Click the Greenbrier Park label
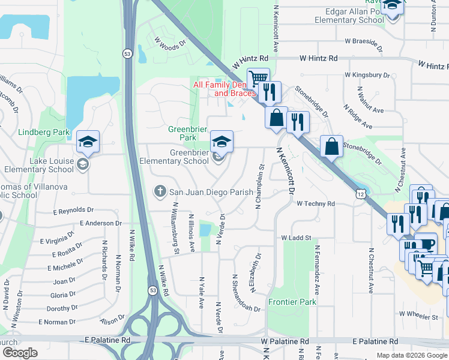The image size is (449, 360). (182, 133)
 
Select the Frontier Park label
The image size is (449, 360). (292, 302)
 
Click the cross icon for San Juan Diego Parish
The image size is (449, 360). (160, 192)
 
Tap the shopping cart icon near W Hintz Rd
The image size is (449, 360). (258, 79)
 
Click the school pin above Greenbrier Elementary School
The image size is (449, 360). (221, 142)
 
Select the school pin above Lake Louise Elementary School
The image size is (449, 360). (88, 142)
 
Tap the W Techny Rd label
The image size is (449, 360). (316, 204)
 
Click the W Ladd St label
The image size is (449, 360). (297, 238)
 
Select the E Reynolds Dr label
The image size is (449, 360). (73, 211)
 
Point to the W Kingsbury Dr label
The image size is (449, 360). (366, 76)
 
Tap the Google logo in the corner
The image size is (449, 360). (20, 353)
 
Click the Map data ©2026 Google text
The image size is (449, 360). (411, 355)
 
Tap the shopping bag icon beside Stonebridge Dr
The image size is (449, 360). (331, 146)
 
